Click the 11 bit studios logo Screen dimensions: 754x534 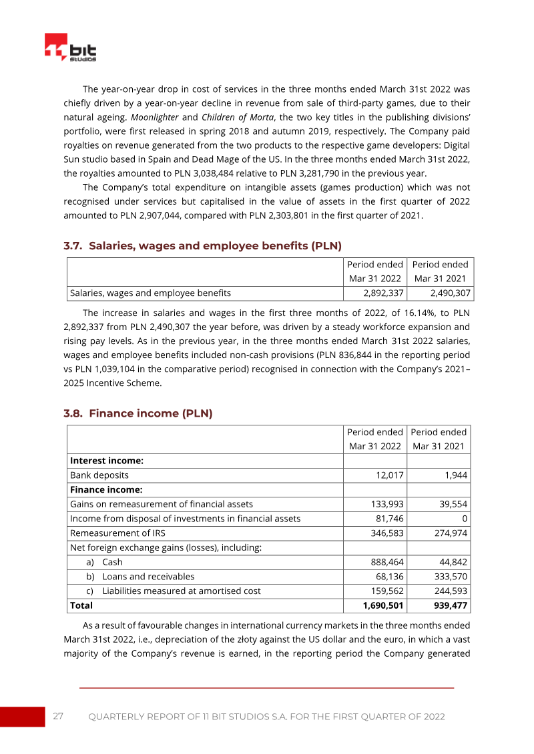tap(71, 49)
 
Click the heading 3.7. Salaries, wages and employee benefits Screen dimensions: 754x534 tap(202, 246)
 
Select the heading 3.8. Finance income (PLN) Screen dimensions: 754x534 tap(138, 413)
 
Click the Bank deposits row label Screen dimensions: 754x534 tap(99, 475)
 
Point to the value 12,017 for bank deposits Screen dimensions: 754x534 tap(388, 475)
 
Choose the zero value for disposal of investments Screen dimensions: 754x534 tap(465, 518)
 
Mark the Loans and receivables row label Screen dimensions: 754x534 tap(148, 576)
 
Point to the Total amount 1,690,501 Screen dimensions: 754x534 tap(382, 605)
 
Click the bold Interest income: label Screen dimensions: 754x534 tap(107, 461)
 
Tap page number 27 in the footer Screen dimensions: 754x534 tap(58, 716)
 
